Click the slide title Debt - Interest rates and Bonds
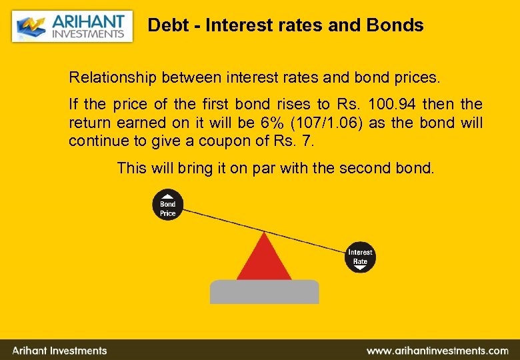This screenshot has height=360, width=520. (285, 25)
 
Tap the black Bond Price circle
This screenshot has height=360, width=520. (167, 205)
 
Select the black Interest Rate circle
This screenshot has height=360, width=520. (359, 257)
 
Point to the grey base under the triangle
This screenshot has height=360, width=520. (264, 291)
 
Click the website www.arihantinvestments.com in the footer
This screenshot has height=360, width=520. (437, 350)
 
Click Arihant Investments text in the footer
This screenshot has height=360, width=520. (60, 350)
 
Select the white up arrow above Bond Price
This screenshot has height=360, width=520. (167, 196)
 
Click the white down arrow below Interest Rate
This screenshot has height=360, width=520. (359, 269)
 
